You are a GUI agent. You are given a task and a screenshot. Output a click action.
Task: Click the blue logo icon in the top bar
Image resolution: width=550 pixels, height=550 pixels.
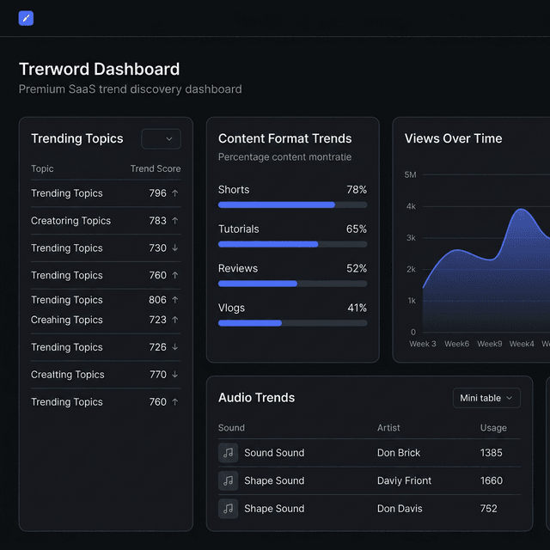(26, 18)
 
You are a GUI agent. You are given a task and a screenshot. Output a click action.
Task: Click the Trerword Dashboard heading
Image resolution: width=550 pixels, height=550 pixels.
(99, 70)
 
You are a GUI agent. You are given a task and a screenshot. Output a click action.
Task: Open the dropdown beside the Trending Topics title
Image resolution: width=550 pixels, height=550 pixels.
(161, 138)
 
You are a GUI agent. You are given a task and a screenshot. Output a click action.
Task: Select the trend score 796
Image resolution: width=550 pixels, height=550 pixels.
(157, 193)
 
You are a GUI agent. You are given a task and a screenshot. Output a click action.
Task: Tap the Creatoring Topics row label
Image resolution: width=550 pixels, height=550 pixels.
(70, 221)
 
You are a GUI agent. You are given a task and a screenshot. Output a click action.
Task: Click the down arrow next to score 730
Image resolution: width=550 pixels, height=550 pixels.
(175, 248)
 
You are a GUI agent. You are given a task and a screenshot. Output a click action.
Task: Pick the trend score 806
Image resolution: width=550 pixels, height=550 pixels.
(157, 300)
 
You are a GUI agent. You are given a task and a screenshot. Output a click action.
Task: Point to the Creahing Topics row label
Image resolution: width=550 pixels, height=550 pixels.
(67, 320)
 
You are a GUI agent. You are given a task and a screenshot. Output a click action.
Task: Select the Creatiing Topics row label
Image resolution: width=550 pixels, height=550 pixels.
(67, 375)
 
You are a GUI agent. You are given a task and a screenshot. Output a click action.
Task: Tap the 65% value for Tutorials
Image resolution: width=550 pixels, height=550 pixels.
(356, 229)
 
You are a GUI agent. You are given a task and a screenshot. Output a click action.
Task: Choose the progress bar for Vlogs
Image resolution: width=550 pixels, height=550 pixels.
(292, 323)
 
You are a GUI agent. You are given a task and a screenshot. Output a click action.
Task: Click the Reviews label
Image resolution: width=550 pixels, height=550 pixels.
(238, 269)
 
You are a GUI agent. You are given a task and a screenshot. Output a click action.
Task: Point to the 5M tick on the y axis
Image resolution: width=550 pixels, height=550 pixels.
(410, 175)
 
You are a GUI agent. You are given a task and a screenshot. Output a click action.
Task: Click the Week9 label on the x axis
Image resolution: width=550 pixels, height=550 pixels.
(489, 344)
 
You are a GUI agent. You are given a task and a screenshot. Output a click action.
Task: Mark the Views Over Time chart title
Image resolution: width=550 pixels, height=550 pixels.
(453, 138)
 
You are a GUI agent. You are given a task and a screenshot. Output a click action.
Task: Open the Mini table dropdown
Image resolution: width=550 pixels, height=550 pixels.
(486, 398)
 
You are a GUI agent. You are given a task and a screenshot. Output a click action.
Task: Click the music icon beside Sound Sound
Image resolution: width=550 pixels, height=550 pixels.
(228, 453)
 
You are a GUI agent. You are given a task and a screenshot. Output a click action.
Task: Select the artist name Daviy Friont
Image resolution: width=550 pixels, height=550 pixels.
(404, 480)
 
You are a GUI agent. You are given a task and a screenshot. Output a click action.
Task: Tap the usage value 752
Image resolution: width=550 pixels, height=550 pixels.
(488, 509)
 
